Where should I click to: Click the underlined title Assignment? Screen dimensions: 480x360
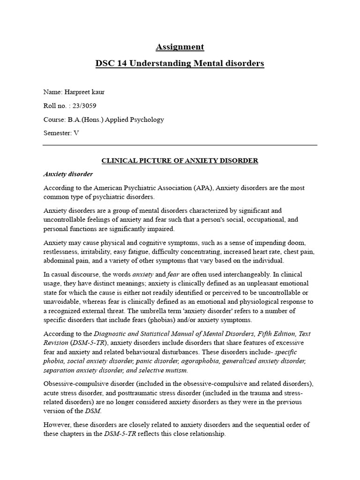180,47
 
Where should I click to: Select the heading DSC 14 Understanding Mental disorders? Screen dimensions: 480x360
180,63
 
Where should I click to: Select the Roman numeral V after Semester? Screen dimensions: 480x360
76,133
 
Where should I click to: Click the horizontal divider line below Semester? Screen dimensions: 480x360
180,145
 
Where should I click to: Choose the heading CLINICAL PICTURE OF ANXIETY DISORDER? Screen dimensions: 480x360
180,161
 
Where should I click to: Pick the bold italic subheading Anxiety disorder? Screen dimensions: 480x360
68,174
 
